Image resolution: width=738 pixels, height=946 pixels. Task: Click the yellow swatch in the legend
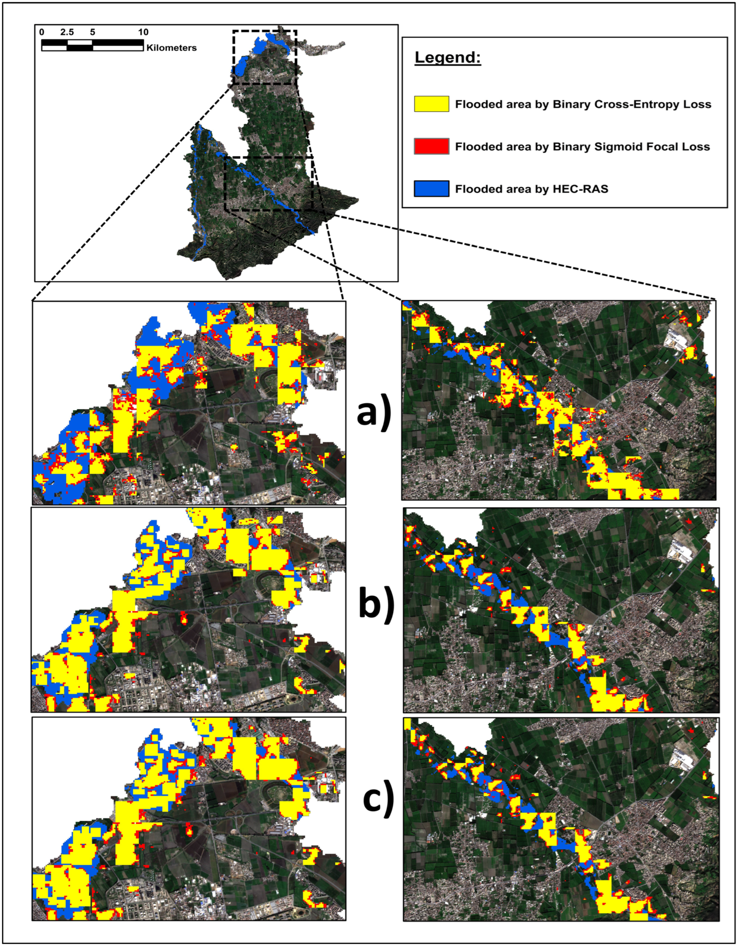click(431, 104)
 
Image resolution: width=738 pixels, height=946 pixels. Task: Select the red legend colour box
click(431, 146)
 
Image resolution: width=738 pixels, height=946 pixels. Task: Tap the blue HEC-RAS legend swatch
click(431, 189)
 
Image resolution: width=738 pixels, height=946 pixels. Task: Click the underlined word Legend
click(448, 57)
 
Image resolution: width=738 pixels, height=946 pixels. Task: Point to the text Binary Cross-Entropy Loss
click(632, 104)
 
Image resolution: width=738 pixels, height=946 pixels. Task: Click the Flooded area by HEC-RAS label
click(531, 189)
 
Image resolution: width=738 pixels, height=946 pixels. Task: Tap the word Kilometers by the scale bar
click(172, 48)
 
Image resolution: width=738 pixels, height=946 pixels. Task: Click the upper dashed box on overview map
click(264, 57)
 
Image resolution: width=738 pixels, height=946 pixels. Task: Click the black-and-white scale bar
click(92, 45)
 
